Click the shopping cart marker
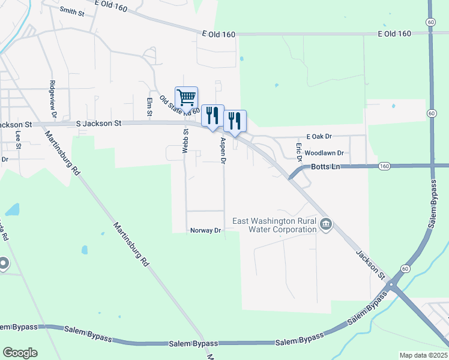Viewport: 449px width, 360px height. click(x=186, y=97)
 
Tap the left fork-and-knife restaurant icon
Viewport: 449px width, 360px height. click(x=212, y=115)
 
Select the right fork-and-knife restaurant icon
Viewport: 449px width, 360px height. click(x=235, y=121)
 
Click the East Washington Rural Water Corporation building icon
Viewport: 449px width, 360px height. click(x=326, y=225)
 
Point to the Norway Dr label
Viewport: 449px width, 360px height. click(x=206, y=230)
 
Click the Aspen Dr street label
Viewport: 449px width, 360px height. click(x=223, y=151)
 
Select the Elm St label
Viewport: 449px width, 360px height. click(x=149, y=106)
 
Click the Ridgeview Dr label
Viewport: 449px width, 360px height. click(x=53, y=98)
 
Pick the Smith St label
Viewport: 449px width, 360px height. click(x=72, y=11)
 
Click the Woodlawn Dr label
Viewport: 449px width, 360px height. click(x=324, y=154)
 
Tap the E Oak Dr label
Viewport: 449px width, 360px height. click(x=319, y=137)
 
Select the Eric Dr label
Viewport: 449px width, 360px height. click(x=298, y=151)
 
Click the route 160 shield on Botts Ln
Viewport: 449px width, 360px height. click(x=385, y=166)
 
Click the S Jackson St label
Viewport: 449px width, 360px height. click(x=99, y=123)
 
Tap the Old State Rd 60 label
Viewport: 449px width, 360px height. click(x=179, y=104)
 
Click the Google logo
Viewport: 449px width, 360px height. click(x=20, y=353)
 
